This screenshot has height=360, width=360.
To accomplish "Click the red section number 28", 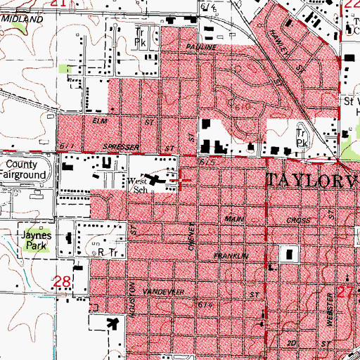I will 63,282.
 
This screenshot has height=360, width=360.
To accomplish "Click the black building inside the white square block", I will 287,253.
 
